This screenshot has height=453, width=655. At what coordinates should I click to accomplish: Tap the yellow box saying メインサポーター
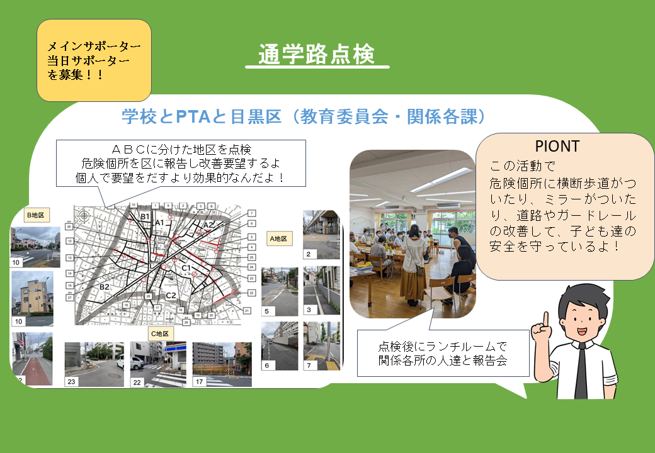(x=94, y=60)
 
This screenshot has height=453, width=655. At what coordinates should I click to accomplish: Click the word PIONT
(x=557, y=146)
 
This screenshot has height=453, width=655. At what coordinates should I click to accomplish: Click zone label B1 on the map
(x=144, y=218)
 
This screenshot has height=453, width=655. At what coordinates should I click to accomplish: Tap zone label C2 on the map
(x=170, y=295)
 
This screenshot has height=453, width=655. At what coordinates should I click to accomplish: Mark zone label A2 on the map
(x=208, y=225)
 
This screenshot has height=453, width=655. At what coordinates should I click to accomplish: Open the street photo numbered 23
(x=94, y=364)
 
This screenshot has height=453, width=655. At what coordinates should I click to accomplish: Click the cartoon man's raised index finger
(x=546, y=320)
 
